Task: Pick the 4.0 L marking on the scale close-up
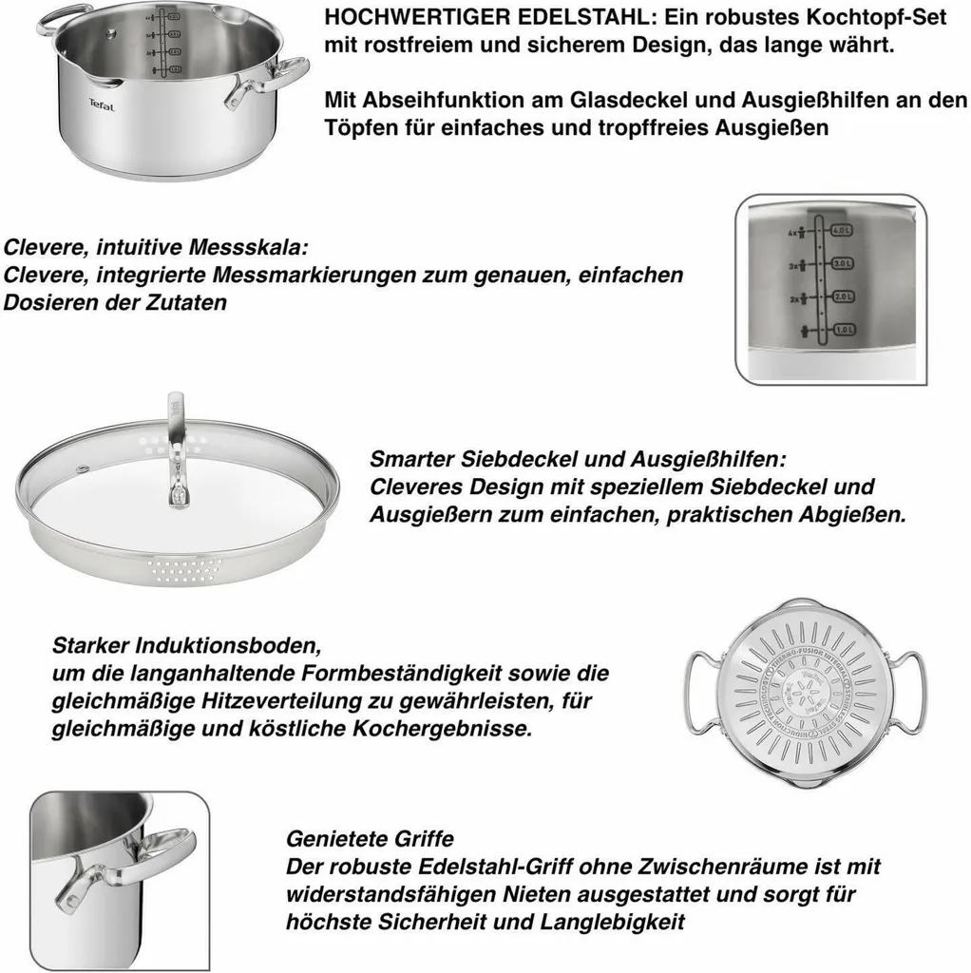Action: point(842,229)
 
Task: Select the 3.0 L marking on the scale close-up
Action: point(842,263)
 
